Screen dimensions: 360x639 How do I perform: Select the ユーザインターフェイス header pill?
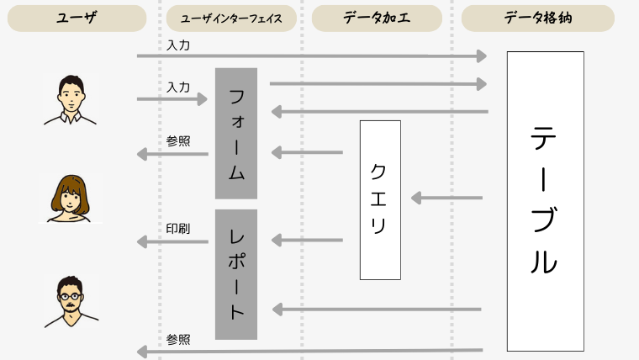coord(229,18)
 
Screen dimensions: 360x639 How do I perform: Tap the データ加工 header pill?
coord(377,18)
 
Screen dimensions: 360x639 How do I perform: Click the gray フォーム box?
coord(236,133)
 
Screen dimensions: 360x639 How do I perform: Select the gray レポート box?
coord(236,274)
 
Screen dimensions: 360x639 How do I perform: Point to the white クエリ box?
coord(380,199)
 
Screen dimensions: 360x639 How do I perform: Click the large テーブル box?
coord(545,201)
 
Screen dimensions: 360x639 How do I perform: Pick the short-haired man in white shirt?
coord(71,99)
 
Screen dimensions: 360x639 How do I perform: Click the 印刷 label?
coord(178,229)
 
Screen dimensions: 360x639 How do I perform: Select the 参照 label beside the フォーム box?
coord(178,140)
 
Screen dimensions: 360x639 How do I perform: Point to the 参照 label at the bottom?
coord(178,340)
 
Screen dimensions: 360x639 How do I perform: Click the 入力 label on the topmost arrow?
coord(178,45)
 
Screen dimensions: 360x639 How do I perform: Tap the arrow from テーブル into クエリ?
coord(447,199)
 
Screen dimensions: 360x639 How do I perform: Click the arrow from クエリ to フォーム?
coord(308,152)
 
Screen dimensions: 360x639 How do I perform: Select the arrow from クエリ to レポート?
coord(308,241)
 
